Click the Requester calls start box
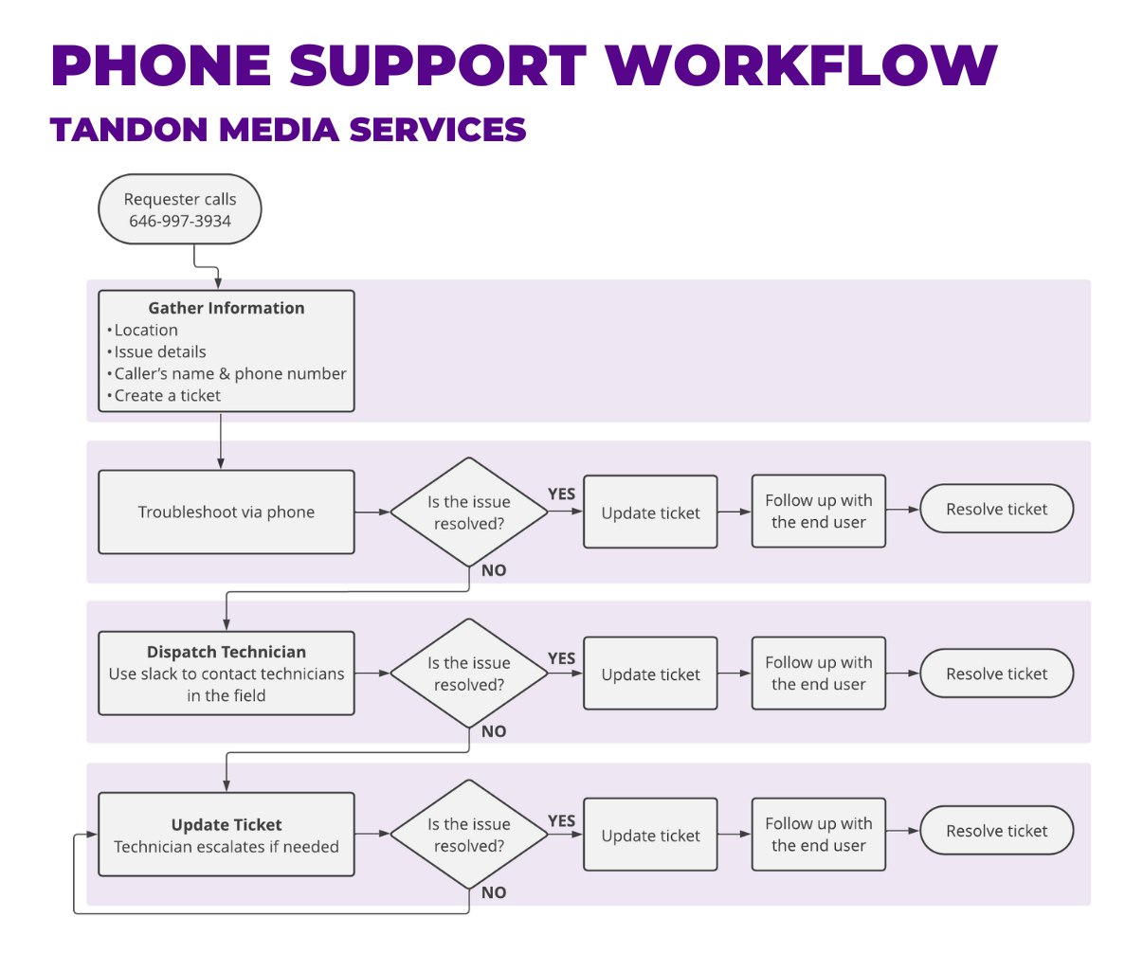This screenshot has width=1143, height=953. (179, 209)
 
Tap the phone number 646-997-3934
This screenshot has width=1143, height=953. (180, 222)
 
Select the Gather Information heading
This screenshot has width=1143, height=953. (227, 308)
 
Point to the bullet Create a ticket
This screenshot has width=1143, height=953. (167, 396)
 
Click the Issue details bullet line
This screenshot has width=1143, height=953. (159, 351)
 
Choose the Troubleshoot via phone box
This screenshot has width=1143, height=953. (226, 512)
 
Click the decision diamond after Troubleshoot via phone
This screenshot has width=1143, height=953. (468, 512)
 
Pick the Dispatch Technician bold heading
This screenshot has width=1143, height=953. (227, 652)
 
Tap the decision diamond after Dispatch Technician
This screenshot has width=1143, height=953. (468, 674)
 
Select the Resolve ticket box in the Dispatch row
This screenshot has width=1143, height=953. (996, 674)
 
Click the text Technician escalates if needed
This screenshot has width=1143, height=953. (227, 847)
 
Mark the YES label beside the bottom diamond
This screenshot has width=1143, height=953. (562, 820)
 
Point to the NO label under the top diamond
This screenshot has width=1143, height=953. (494, 570)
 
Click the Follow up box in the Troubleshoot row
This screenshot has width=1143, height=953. (818, 512)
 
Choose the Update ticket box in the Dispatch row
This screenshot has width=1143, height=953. (650, 674)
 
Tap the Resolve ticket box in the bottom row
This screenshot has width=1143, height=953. (996, 831)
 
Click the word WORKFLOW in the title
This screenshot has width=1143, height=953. (801, 66)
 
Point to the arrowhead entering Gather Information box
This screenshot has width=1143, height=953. (219, 283)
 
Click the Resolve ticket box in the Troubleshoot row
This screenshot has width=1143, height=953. (996, 510)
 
